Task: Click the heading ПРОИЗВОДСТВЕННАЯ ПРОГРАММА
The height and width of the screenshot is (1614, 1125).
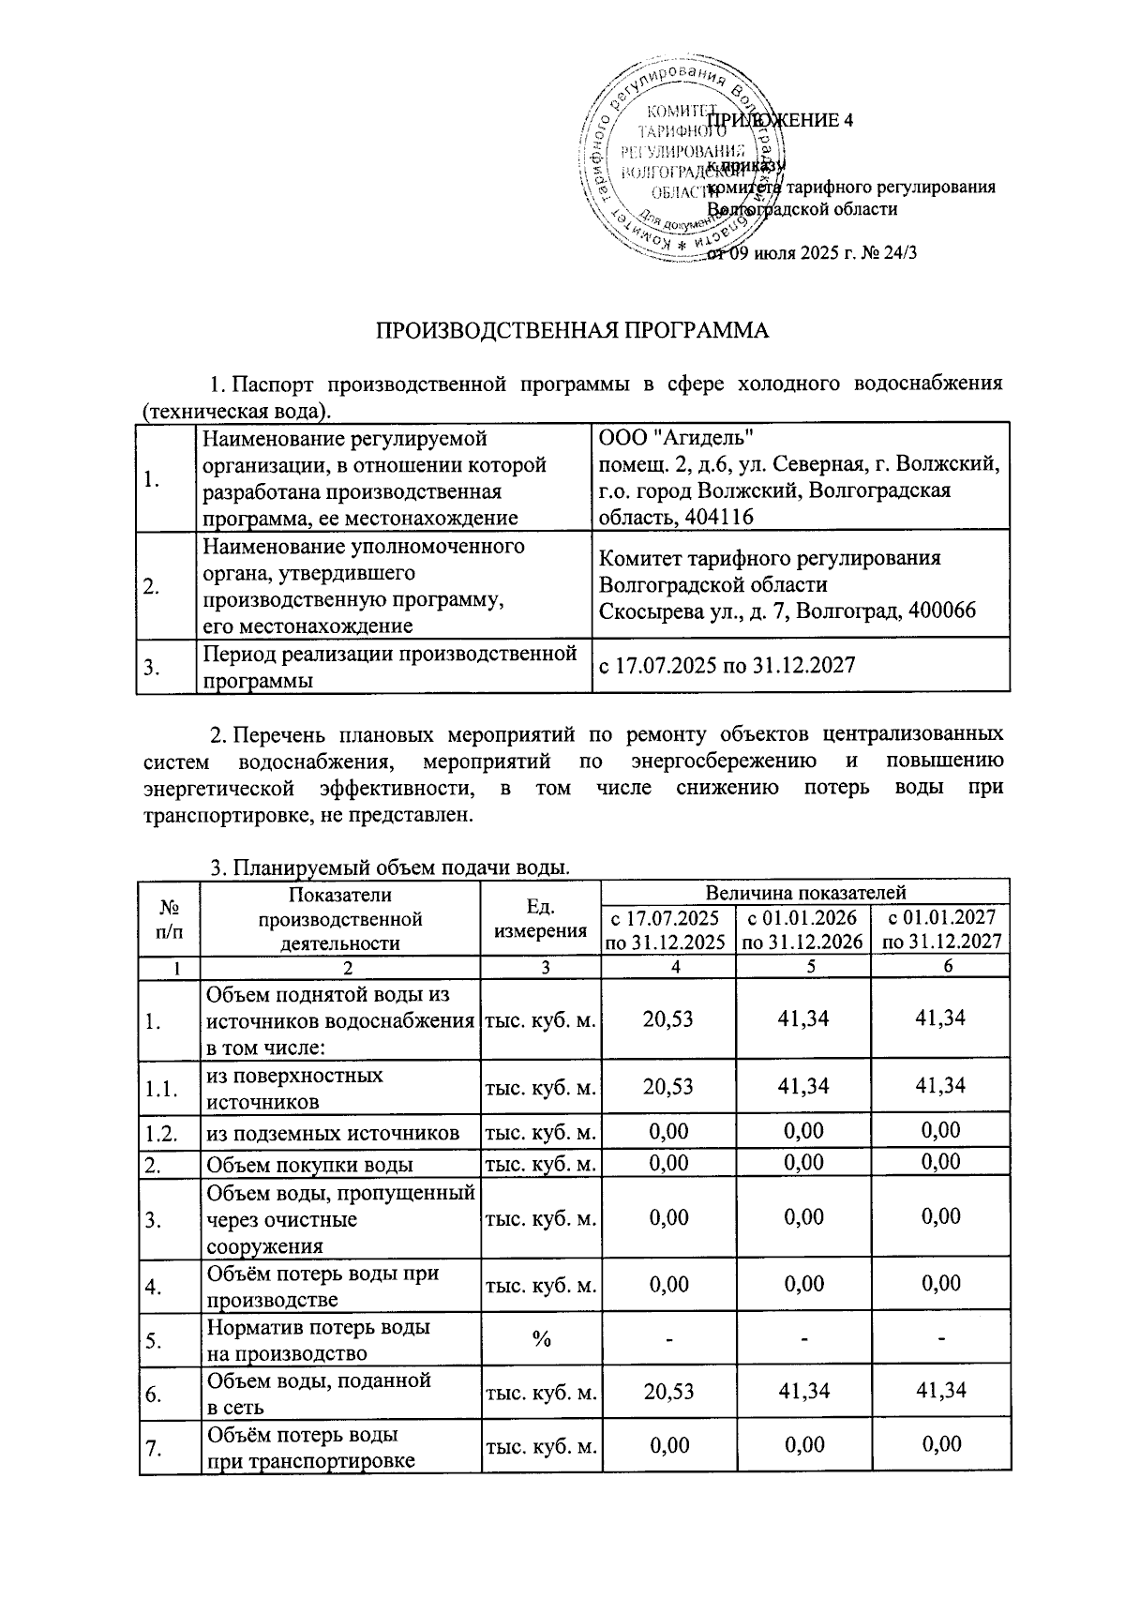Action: click(572, 331)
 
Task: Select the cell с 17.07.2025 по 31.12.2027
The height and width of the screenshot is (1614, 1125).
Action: click(727, 665)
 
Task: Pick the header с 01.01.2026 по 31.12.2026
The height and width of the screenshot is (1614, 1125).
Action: click(802, 929)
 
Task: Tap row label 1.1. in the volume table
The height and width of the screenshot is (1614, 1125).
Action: click(161, 1089)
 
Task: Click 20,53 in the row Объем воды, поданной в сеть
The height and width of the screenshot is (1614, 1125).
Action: click(668, 1392)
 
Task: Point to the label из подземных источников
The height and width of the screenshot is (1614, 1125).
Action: click(333, 1133)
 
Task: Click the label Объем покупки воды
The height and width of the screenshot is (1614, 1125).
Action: click(309, 1165)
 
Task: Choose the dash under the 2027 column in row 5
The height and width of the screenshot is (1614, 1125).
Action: click(940, 1339)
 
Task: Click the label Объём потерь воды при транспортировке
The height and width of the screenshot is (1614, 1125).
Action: click(309, 1447)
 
